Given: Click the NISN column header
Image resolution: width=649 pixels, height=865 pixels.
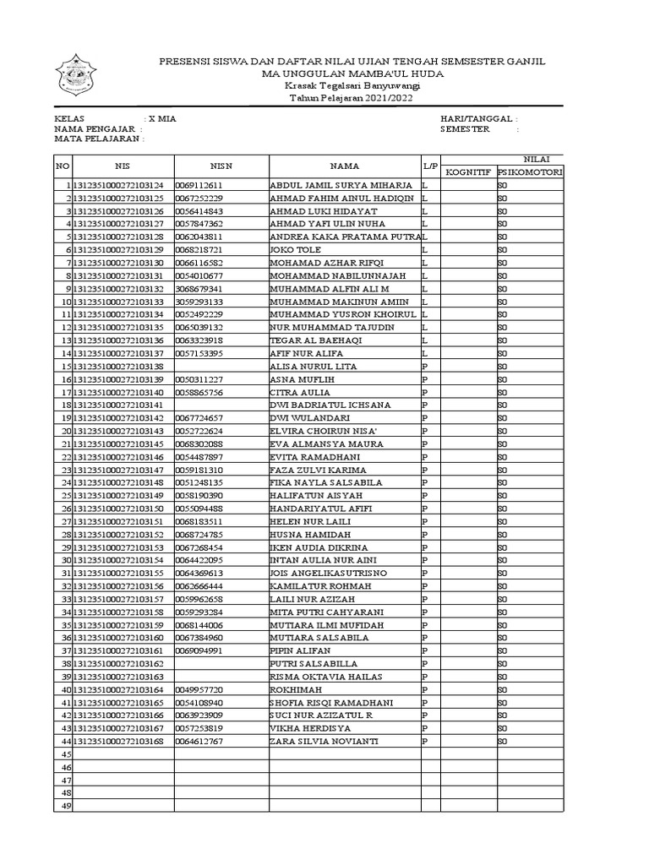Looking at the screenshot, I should pos(221,166).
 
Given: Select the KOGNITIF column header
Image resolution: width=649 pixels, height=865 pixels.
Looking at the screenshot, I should pos(468,171).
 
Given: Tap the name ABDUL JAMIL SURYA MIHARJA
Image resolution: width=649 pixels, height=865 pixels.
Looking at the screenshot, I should pos(341,185).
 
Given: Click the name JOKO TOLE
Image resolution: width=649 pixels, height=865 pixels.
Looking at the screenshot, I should pos(292,250).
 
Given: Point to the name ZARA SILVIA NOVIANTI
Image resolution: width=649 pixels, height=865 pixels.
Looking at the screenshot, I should pos(324,741).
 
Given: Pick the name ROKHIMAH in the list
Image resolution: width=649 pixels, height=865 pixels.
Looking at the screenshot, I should pos(296,689).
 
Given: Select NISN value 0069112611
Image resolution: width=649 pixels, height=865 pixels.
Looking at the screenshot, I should pos(199,185).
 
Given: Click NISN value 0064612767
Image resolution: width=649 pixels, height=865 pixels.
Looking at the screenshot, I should pos(199,741).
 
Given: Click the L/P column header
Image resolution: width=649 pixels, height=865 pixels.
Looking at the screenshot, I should pos(430,166).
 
